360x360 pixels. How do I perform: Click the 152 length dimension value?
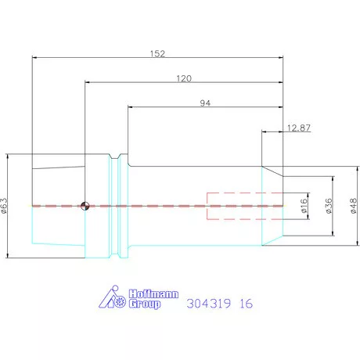(x=157, y=54)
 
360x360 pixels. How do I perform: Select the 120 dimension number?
(x=184, y=78)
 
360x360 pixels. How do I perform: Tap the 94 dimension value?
(x=205, y=103)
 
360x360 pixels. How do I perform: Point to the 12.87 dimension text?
(x=299, y=128)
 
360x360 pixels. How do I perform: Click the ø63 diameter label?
(x=5, y=206)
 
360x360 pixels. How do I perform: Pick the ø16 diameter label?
(x=304, y=206)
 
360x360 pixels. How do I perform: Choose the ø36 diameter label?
(x=329, y=206)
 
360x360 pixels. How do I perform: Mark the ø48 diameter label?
(x=353, y=206)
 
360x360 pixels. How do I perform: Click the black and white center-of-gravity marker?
(x=85, y=206)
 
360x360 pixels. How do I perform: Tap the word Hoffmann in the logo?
(x=154, y=294)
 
